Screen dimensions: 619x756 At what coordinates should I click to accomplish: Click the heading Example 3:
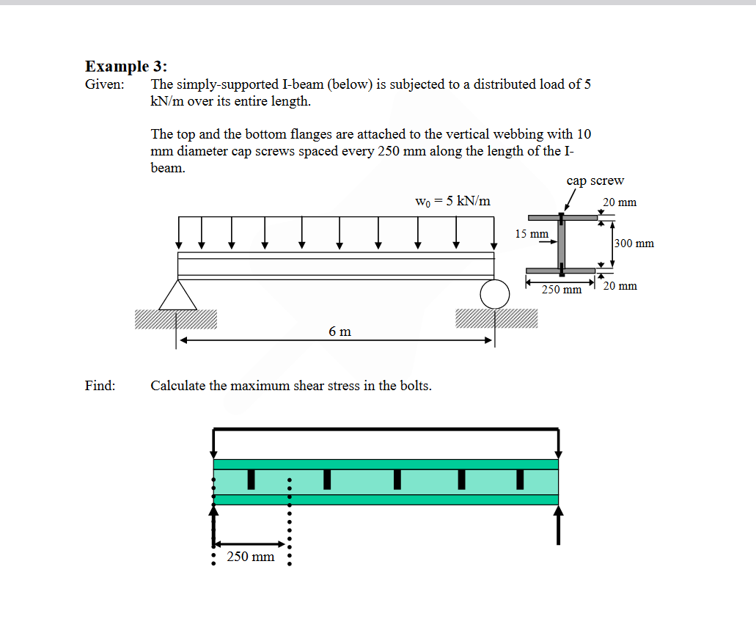tap(126, 67)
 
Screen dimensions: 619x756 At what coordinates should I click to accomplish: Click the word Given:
tap(104, 84)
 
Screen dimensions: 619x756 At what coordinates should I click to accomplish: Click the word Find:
tap(100, 386)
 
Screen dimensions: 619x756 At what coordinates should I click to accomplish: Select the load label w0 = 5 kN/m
tap(452, 201)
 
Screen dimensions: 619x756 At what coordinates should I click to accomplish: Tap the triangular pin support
tap(177, 295)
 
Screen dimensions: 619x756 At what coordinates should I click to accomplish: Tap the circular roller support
tap(495, 294)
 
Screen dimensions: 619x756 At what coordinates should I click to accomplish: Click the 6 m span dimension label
tap(340, 332)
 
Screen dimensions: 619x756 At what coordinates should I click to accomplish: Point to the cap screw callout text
tap(595, 181)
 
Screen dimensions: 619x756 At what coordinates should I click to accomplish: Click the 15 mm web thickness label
tap(531, 234)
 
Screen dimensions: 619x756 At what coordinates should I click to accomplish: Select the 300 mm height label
tap(634, 243)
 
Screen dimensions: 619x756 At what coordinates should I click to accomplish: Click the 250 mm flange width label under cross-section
tap(561, 290)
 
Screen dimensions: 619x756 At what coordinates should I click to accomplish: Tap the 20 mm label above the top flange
tap(620, 202)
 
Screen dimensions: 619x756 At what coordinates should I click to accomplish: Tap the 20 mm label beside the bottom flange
tap(620, 286)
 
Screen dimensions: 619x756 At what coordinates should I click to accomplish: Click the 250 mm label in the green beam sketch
tap(251, 557)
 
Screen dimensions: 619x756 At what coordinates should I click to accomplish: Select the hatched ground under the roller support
tap(496, 318)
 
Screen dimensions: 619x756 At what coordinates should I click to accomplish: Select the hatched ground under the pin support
tap(176, 318)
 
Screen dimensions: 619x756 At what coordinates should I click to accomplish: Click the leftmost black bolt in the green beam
tap(251, 479)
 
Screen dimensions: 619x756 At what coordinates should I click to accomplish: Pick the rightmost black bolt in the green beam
tap(520, 479)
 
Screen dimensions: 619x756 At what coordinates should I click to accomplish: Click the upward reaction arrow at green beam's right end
tap(559, 524)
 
